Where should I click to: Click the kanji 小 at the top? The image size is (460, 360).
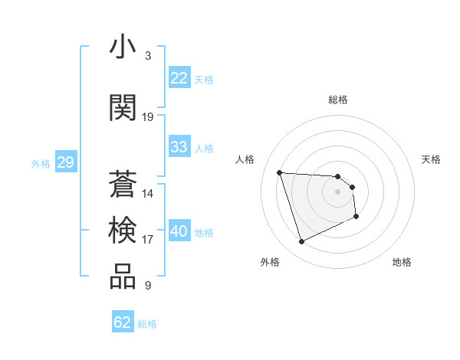click(123, 47)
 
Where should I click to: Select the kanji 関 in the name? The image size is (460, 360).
click(123, 108)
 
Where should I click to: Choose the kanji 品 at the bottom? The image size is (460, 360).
click(123, 277)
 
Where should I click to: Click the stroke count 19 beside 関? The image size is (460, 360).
click(148, 117)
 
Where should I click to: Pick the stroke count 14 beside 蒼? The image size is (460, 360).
click(148, 194)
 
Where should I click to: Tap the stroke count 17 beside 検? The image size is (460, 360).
click(148, 240)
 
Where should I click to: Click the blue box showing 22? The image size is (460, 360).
click(179, 78)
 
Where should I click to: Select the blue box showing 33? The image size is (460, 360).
click(179, 147)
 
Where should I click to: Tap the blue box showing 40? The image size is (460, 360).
click(179, 232)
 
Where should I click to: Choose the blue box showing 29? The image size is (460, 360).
click(65, 162)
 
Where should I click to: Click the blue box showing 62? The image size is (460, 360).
click(123, 322)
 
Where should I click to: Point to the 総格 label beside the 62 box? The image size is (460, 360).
click(147, 324)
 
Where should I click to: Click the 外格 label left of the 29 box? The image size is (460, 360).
click(41, 164)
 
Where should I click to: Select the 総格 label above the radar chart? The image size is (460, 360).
click(338, 100)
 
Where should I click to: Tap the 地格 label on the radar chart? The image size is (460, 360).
click(402, 262)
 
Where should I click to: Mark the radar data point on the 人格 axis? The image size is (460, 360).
click(280, 172)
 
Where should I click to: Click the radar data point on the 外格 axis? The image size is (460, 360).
click(301, 242)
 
